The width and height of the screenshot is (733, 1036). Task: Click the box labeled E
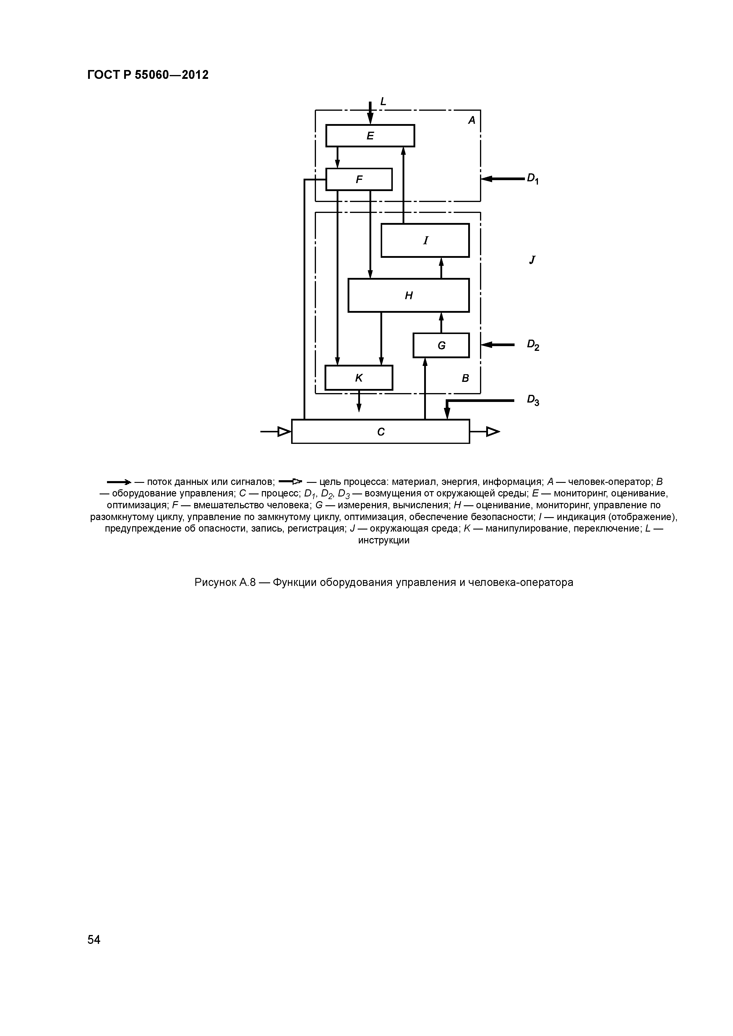click(x=370, y=135)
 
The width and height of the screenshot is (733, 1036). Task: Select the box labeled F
click(x=359, y=179)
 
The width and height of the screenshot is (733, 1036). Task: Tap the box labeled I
click(x=425, y=240)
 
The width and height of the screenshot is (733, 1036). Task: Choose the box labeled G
click(x=441, y=345)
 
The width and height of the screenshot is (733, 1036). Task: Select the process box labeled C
click(x=381, y=432)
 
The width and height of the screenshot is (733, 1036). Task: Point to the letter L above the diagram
click(x=383, y=102)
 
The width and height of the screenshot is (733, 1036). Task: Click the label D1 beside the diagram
click(x=533, y=179)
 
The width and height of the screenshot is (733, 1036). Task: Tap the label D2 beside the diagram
click(x=533, y=345)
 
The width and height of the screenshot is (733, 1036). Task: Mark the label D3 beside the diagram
click(x=533, y=400)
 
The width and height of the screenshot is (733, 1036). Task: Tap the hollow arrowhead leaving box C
click(x=493, y=432)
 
